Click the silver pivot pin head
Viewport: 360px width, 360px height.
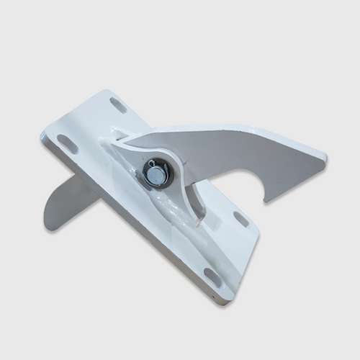(x=153, y=175)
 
